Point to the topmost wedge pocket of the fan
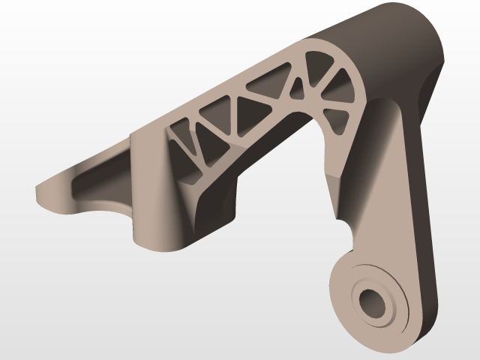point(325,63)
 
